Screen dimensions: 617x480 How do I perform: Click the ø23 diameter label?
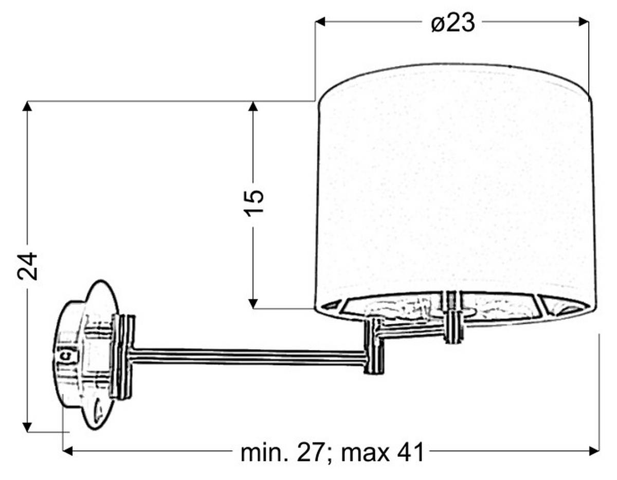pyautogui.click(x=452, y=23)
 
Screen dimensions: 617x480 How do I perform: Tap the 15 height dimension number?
pyautogui.click(x=253, y=204)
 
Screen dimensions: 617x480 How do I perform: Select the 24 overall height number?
pyautogui.click(x=27, y=266)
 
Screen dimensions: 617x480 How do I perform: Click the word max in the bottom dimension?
pyautogui.click(x=365, y=453)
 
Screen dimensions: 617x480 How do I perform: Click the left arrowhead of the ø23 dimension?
pyautogui.click(x=320, y=22)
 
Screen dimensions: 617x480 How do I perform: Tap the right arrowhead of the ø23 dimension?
pyautogui.click(x=584, y=22)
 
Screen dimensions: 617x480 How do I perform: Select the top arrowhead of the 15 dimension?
pyautogui.click(x=253, y=106)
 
